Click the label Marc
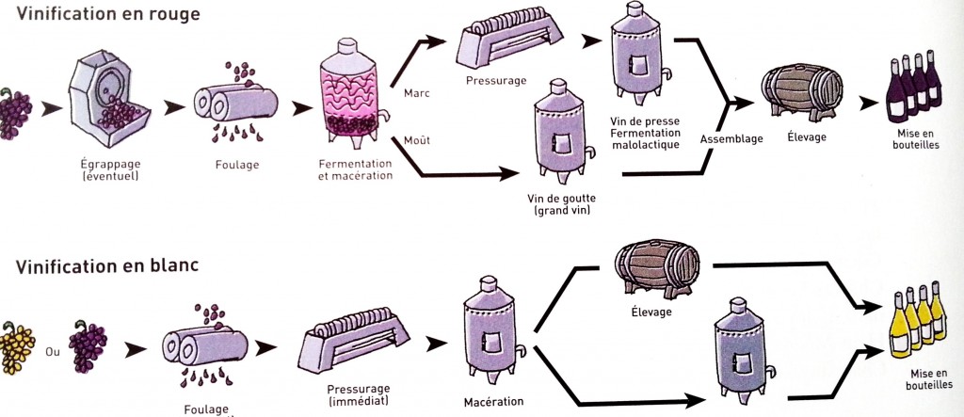tap(416, 93)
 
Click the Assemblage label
tap(730, 139)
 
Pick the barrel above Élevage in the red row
tap(801, 94)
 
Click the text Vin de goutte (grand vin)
tap(563, 206)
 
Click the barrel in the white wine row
tap(656, 268)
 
